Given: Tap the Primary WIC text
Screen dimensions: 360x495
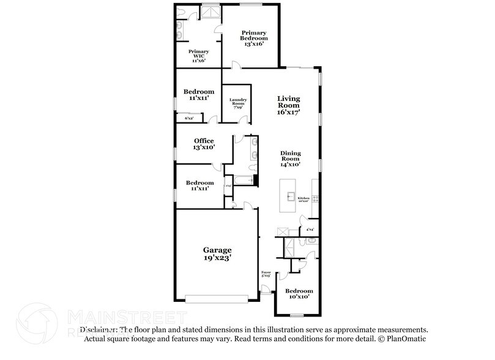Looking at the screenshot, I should pyautogui.click(x=198, y=52).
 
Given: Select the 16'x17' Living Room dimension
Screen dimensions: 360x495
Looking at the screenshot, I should pyautogui.click(x=288, y=112).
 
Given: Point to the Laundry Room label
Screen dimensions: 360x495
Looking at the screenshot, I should pyautogui.click(x=238, y=102).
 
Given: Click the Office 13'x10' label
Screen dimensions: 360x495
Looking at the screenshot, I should pyautogui.click(x=204, y=144).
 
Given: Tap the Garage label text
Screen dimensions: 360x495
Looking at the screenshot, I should pyautogui.click(x=217, y=250).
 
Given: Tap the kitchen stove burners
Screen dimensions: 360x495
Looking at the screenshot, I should pyautogui.click(x=315, y=198).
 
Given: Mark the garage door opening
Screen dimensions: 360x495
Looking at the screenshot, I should pyautogui.click(x=217, y=299).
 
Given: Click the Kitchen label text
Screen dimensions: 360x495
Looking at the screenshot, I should pyautogui.click(x=303, y=198).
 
